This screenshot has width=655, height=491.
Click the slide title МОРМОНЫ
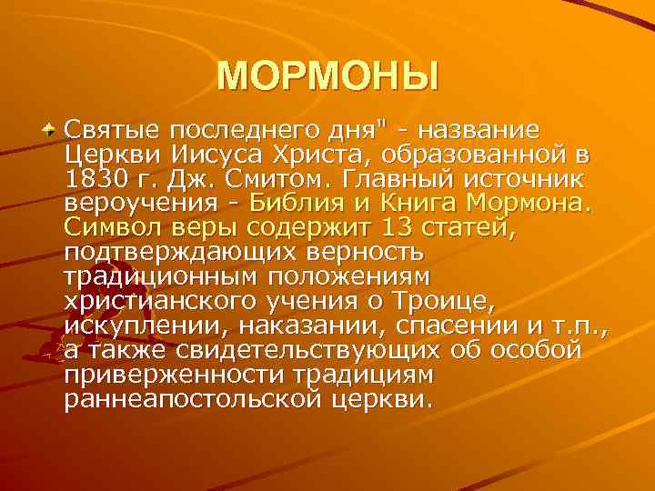pos(327,77)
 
